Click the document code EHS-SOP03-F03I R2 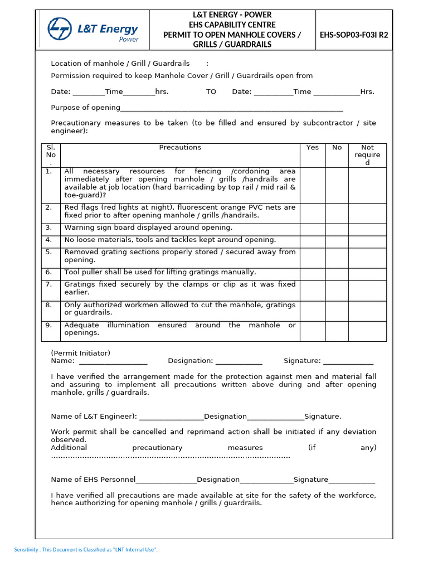point(354,35)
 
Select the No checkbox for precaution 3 point(337,228)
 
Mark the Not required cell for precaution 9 point(367,331)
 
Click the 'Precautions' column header point(180,148)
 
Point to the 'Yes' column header point(313,148)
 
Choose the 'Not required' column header point(367,155)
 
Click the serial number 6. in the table point(49,272)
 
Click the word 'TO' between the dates point(211,92)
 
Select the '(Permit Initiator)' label point(81,353)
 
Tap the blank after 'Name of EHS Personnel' point(166,480)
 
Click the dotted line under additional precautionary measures point(171,457)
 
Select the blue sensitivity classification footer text point(86,550)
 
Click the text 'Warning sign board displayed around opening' point(148,228)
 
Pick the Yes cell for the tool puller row point(313,272)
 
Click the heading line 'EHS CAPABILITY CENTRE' point(232,25)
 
